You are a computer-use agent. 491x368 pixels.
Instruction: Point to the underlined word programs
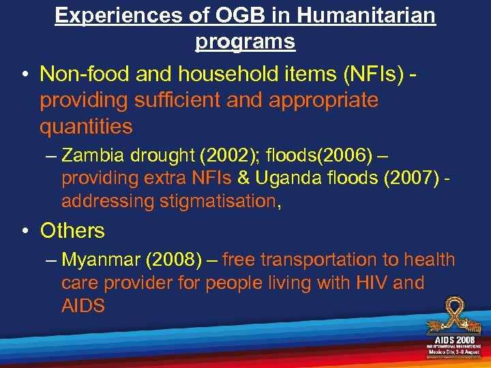point(245,41)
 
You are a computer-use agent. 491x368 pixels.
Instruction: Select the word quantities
point(86,126)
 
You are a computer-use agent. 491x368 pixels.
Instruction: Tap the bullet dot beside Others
point(24,232)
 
